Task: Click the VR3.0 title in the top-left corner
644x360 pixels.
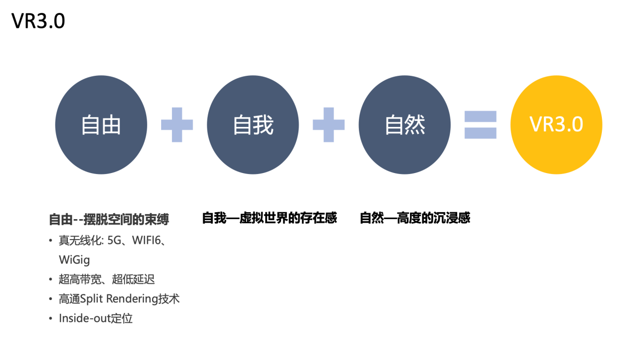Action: [38, 21]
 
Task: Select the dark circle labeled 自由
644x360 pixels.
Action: [101, 124]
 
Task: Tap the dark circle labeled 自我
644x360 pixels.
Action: [253, 124]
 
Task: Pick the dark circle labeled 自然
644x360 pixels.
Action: [405, 124]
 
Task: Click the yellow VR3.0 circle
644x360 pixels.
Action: [556, 124]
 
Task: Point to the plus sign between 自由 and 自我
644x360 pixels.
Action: [177, 125]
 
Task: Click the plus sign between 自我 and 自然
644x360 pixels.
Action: [329, 125]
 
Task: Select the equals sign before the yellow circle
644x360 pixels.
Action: [480, 125]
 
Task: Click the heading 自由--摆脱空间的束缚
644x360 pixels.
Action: [109, 219]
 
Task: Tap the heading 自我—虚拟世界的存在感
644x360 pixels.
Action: [269, 218]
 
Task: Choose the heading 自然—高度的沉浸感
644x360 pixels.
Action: [415, 218]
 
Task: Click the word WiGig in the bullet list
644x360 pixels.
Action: [74, 260]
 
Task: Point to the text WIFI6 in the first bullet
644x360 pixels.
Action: [146, 240]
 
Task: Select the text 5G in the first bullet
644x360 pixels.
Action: [115, 240]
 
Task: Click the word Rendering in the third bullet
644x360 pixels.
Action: [132, 299]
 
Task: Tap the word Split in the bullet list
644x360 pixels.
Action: [91, 299]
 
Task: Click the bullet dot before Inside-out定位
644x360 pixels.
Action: [51, 318]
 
